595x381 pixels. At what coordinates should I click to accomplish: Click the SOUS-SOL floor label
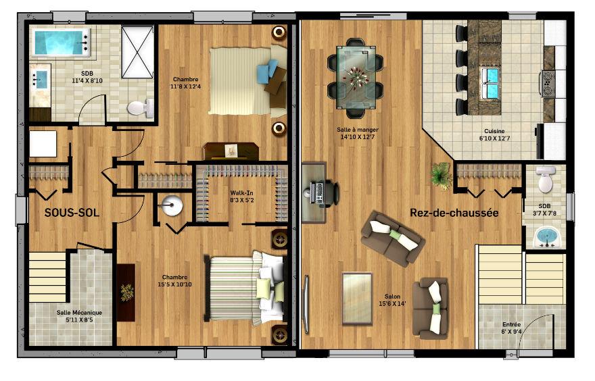click(x=72, y=213)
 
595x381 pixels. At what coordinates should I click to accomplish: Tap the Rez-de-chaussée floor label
click(x=454, y=213)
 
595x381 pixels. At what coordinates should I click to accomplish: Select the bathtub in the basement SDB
click(x=62, y=43)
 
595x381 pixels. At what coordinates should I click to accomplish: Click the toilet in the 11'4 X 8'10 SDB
click(x=141, y=108)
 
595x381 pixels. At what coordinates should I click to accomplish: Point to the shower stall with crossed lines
click(x=137, y=52)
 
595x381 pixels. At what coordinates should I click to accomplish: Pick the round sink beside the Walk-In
click(x=172, y=205)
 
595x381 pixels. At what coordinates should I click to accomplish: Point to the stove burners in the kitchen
click(x=548, y=82)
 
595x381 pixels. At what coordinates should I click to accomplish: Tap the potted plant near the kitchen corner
click(x=441, y=175)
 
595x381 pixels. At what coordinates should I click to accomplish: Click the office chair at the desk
click(x=331, y=193)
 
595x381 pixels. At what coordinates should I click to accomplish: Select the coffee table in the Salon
click(x=357, y=299)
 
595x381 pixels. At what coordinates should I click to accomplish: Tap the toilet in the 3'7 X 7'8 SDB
click(x=545, y=179)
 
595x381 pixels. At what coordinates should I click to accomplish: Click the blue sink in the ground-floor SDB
click(x=546, y=237)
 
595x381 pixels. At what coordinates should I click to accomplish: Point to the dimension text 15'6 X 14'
click(x=392, y=304)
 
